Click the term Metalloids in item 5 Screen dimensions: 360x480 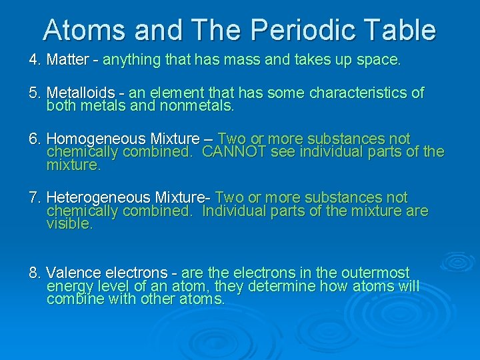(x=80, y=93)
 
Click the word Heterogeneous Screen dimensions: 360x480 (x=97, y=197)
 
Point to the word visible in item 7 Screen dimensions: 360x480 (x=69, y=224)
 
